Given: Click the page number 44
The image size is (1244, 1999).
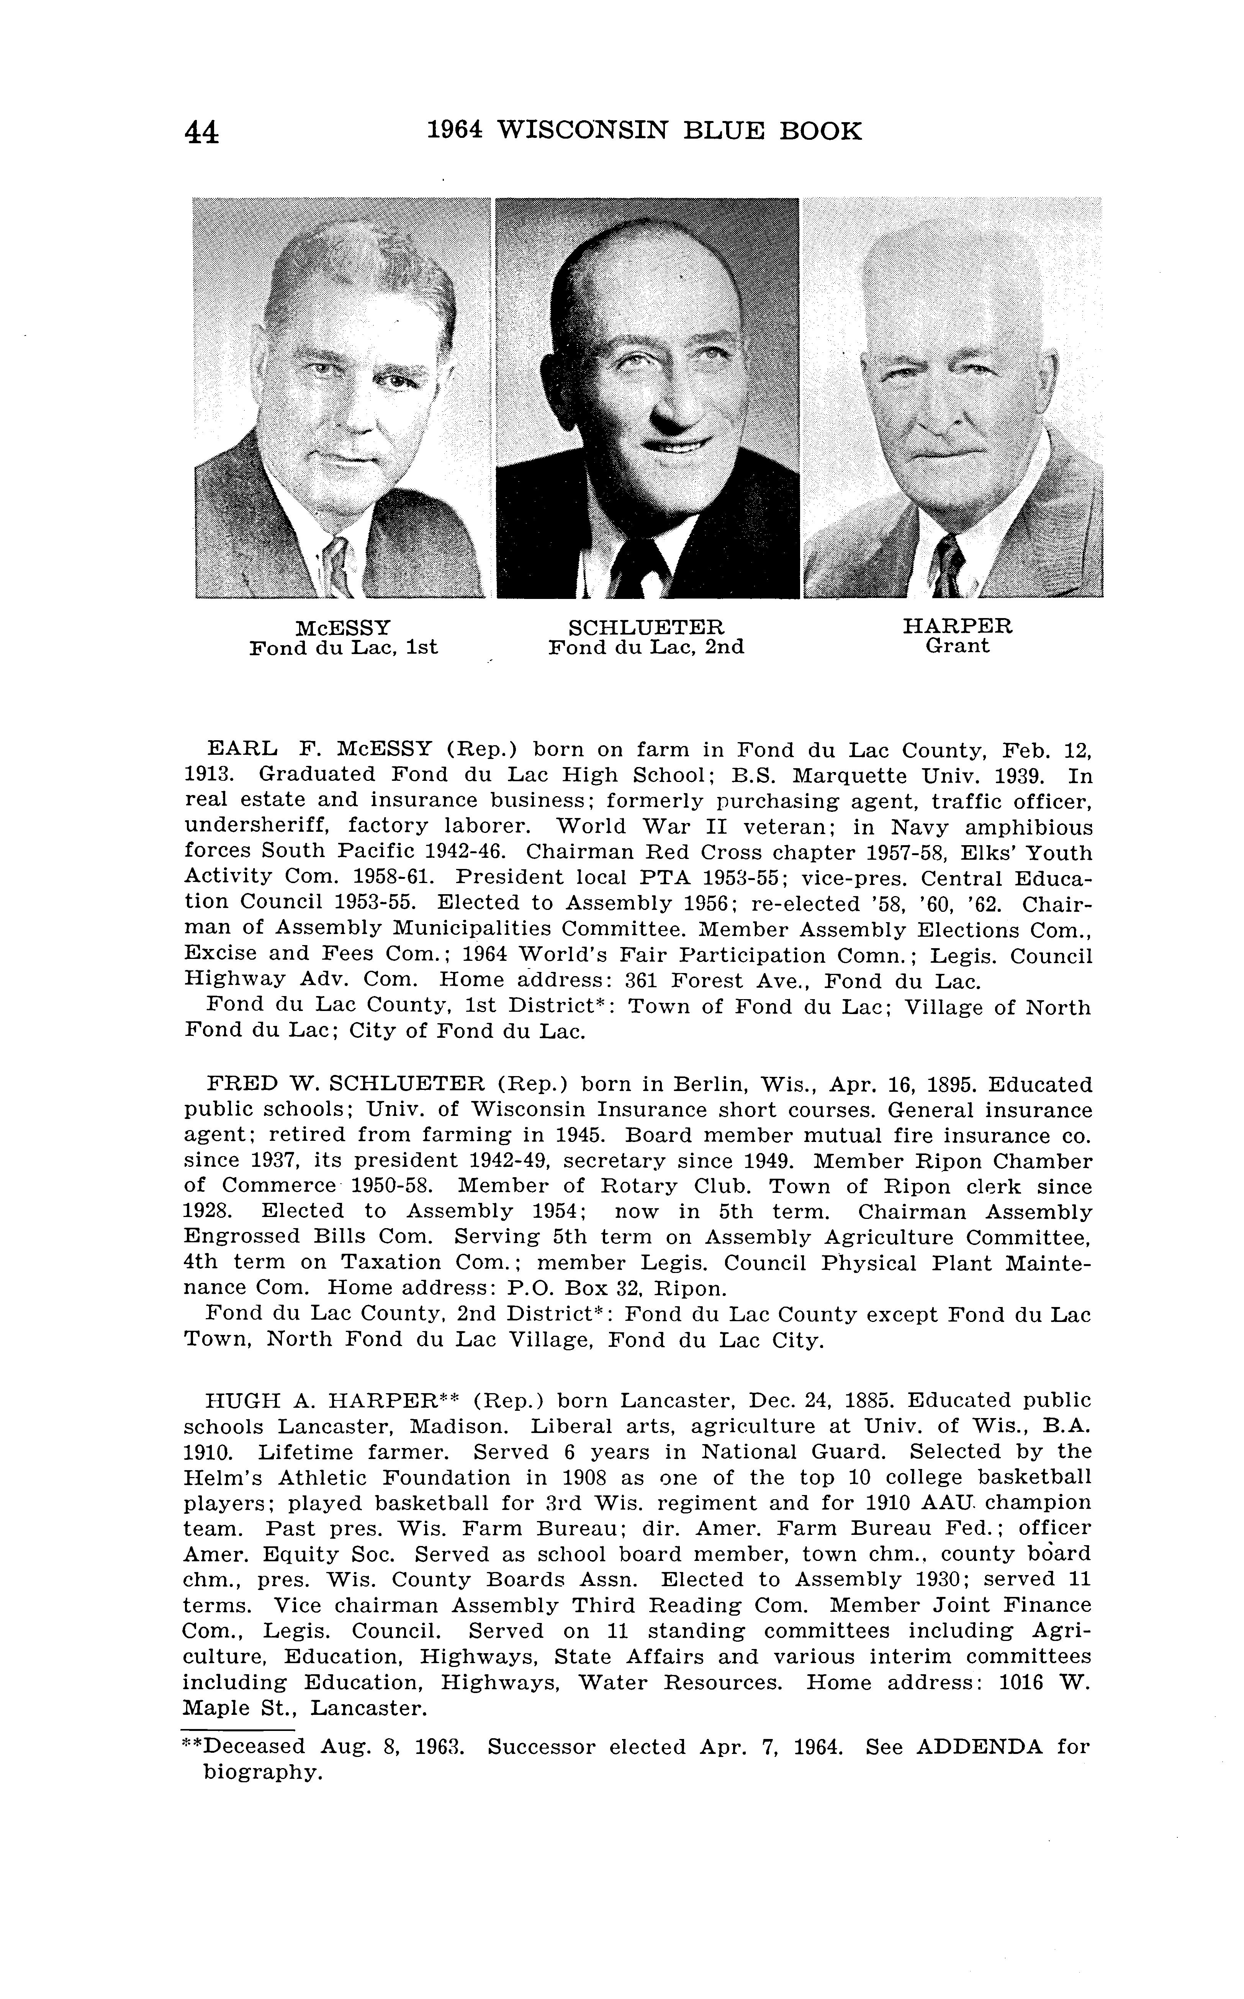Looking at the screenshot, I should [202, 132].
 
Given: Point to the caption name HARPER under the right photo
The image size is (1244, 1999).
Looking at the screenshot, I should [958, 626].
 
